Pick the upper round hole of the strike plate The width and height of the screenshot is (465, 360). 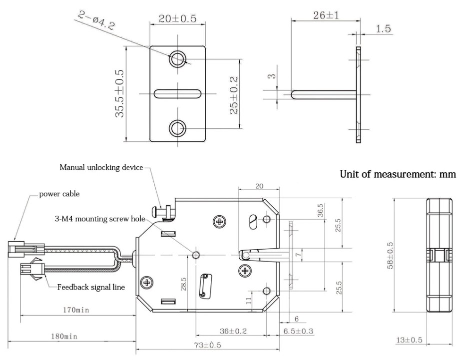point(177,59)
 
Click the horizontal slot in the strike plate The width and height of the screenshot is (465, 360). point(177,93)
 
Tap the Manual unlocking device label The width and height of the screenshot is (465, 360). point(101,167)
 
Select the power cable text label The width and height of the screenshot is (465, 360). point(59,194)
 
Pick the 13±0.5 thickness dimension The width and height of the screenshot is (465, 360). point(409,340)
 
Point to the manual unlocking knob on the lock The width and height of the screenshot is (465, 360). point(165,212)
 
